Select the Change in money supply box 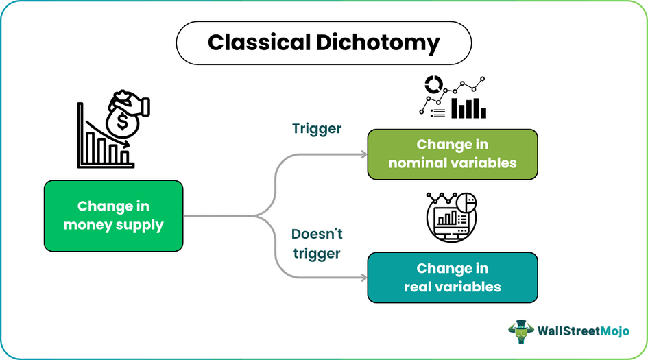(x=113, y=215)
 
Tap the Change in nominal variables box (x=453, y=154)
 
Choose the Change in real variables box (x=453, y=278)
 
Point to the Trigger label (x=317, y=129)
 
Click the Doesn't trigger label (x=317, y=243)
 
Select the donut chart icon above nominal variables (x=433, y=85)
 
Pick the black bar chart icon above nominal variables (x=472, y=107)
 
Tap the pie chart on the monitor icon (x=466, y=204)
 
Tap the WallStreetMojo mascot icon (x=520, y=331)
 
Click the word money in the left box (x=86, y=224)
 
